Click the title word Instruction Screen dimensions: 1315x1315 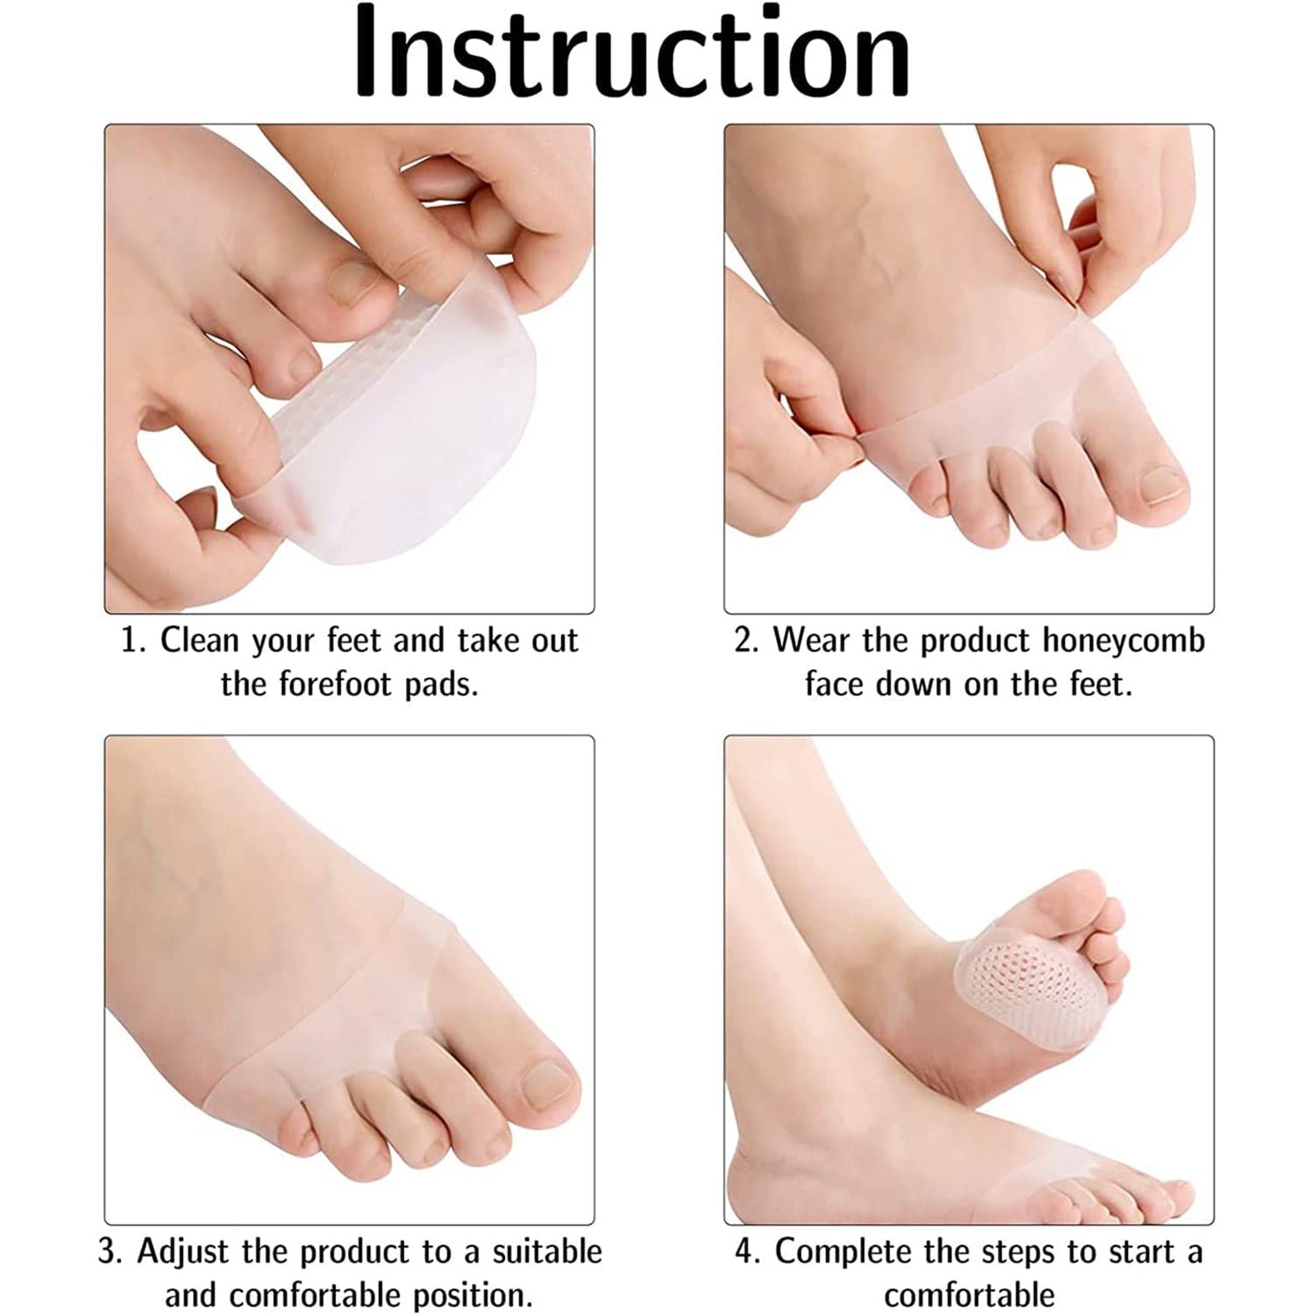tap(631, 54)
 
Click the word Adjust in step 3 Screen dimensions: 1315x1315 tap(183, 1252)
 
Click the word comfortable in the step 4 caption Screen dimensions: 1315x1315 tap(969, 1295)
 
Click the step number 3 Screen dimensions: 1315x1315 tap(109, 1252)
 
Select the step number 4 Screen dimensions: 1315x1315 tap(746, 1252)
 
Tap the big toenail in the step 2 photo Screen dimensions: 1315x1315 tap(1162, 485)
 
